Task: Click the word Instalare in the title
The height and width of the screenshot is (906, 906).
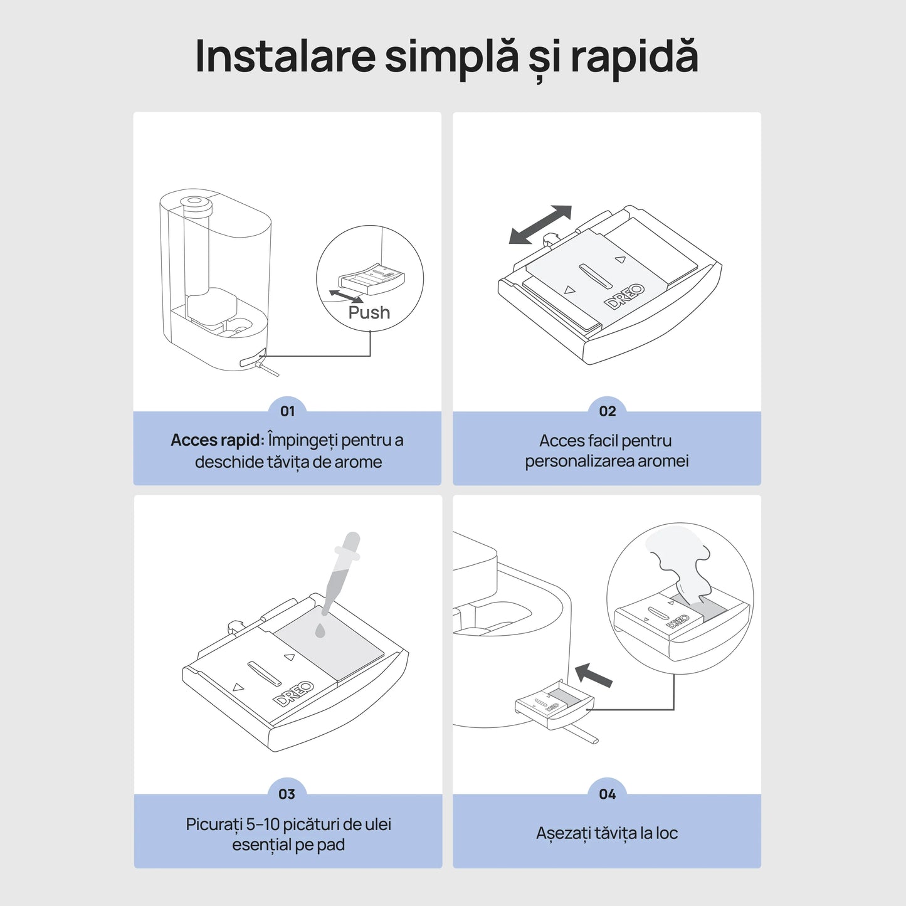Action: click(285, 56)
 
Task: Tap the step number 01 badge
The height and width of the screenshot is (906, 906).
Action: click(287, 411)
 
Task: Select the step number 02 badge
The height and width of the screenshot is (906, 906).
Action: click(607, 411)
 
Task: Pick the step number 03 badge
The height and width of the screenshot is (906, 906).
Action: click(287, 794)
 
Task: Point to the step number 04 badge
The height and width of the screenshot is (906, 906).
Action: click(607, 794)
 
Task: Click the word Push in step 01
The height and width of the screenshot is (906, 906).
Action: click(369, 312)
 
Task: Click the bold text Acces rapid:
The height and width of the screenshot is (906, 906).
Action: click(217, 440)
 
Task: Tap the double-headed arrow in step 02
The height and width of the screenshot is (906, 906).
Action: click(540, 224)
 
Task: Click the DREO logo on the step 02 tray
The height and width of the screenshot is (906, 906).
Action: click(624, 296)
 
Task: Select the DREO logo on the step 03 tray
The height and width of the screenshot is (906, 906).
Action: click(293, 693)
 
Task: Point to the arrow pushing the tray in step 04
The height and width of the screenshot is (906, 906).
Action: click(593, 675)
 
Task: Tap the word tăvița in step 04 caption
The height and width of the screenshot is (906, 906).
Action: click(615, 833)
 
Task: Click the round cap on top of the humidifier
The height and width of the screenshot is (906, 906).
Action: click(194, 203)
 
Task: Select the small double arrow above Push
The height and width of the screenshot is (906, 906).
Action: click(346, 296)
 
